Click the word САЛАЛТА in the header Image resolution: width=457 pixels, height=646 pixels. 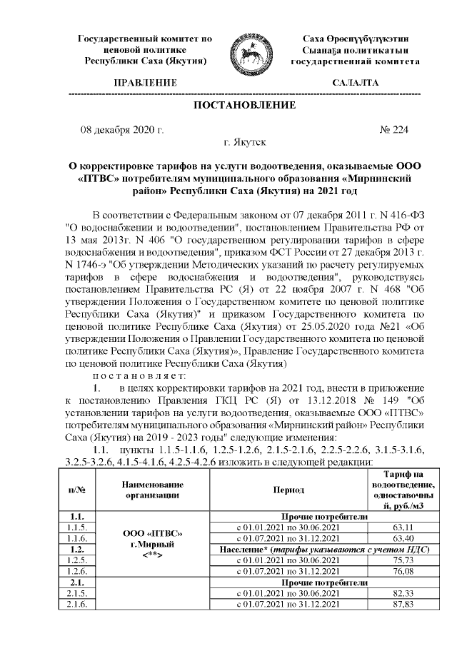click(356, 84)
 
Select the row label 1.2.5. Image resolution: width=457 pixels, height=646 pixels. click(76, 560)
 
